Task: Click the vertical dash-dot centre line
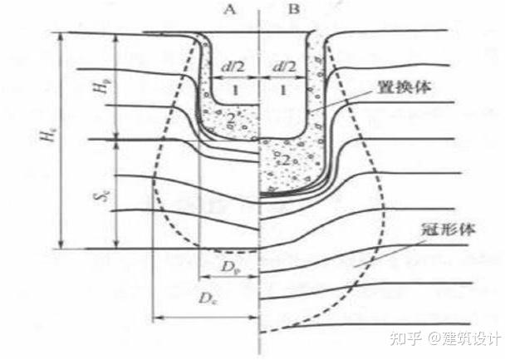coord(261,208)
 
